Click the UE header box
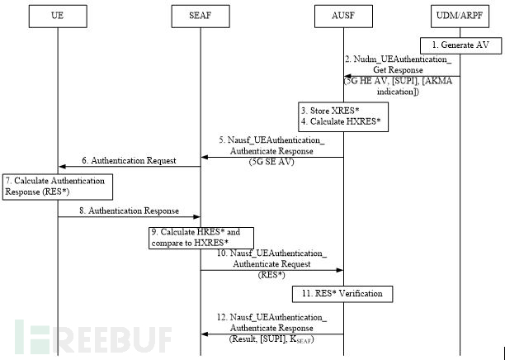[x=58, y=16]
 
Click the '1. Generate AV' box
[x=460, y=45]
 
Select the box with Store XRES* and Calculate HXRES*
[x=343, y=117]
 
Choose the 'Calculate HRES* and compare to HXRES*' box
[x=200, y=238]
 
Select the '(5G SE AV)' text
[x=271, y=163]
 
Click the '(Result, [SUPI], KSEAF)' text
[x=271, y=339]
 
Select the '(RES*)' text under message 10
[x=271, y=274]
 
